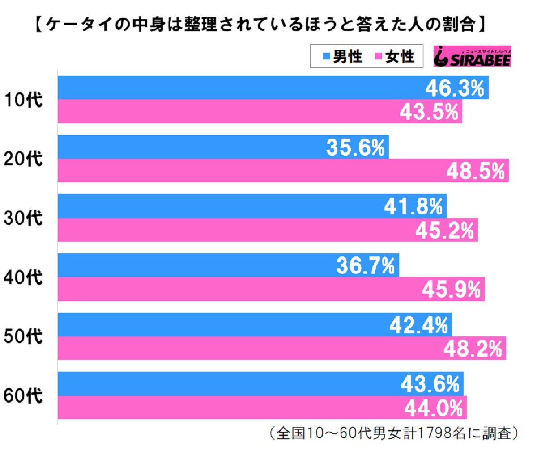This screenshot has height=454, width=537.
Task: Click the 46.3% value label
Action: click(x=454, y=88)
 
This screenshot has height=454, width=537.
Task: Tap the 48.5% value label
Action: click(x=475, y=171)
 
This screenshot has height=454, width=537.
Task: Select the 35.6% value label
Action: click(x=355, y=147)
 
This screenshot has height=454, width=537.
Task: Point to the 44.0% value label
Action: click(x=433, y=408)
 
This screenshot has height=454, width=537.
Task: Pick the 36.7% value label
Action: click(x=366, y=266)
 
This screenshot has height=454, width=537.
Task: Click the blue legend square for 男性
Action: click(x=326, y=57)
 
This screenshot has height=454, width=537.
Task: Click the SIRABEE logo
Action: click(x=472, y=57)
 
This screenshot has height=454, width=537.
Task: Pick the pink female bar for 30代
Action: click(x=224, y=230)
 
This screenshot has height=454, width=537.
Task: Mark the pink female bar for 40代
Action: click(x=224, y=289)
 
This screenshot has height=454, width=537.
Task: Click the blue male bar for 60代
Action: click(x=224, y=384)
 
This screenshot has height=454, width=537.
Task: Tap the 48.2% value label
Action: click(x=473, y=349)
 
